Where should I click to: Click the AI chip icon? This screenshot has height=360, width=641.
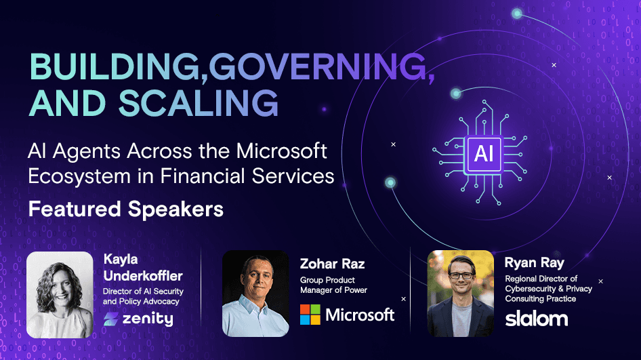484,153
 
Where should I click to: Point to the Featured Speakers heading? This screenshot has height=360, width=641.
126,209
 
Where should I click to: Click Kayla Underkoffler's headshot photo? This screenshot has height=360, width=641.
60,294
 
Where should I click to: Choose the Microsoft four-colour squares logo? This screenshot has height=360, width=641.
310,315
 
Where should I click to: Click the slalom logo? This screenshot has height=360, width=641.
537,318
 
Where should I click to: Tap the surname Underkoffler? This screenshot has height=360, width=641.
143,276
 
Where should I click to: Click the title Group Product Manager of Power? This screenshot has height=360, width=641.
333,285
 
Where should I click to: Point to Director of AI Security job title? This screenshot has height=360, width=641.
143,296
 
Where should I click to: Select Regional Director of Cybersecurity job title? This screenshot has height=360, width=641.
548,289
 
